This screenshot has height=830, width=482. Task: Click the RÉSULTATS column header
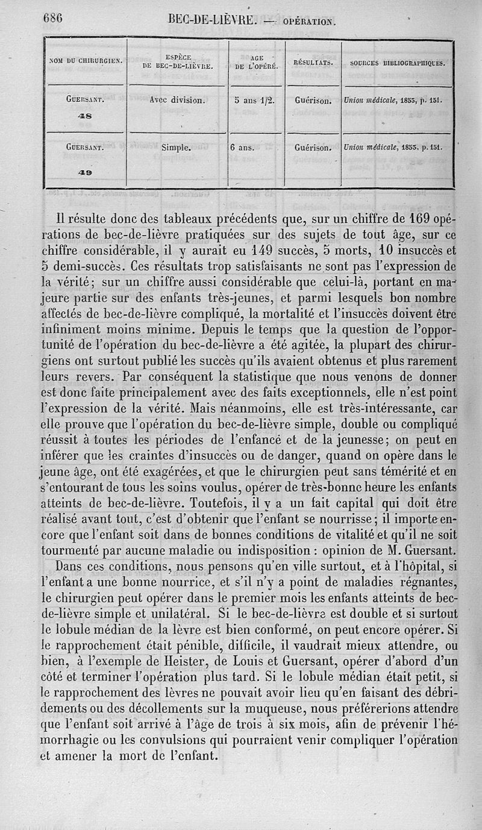coord(313,63)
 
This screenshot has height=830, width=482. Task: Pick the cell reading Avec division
coord(177,101)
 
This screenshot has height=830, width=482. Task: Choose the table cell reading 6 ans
coord(244,146)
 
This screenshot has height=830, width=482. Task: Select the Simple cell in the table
coord(177,146)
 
